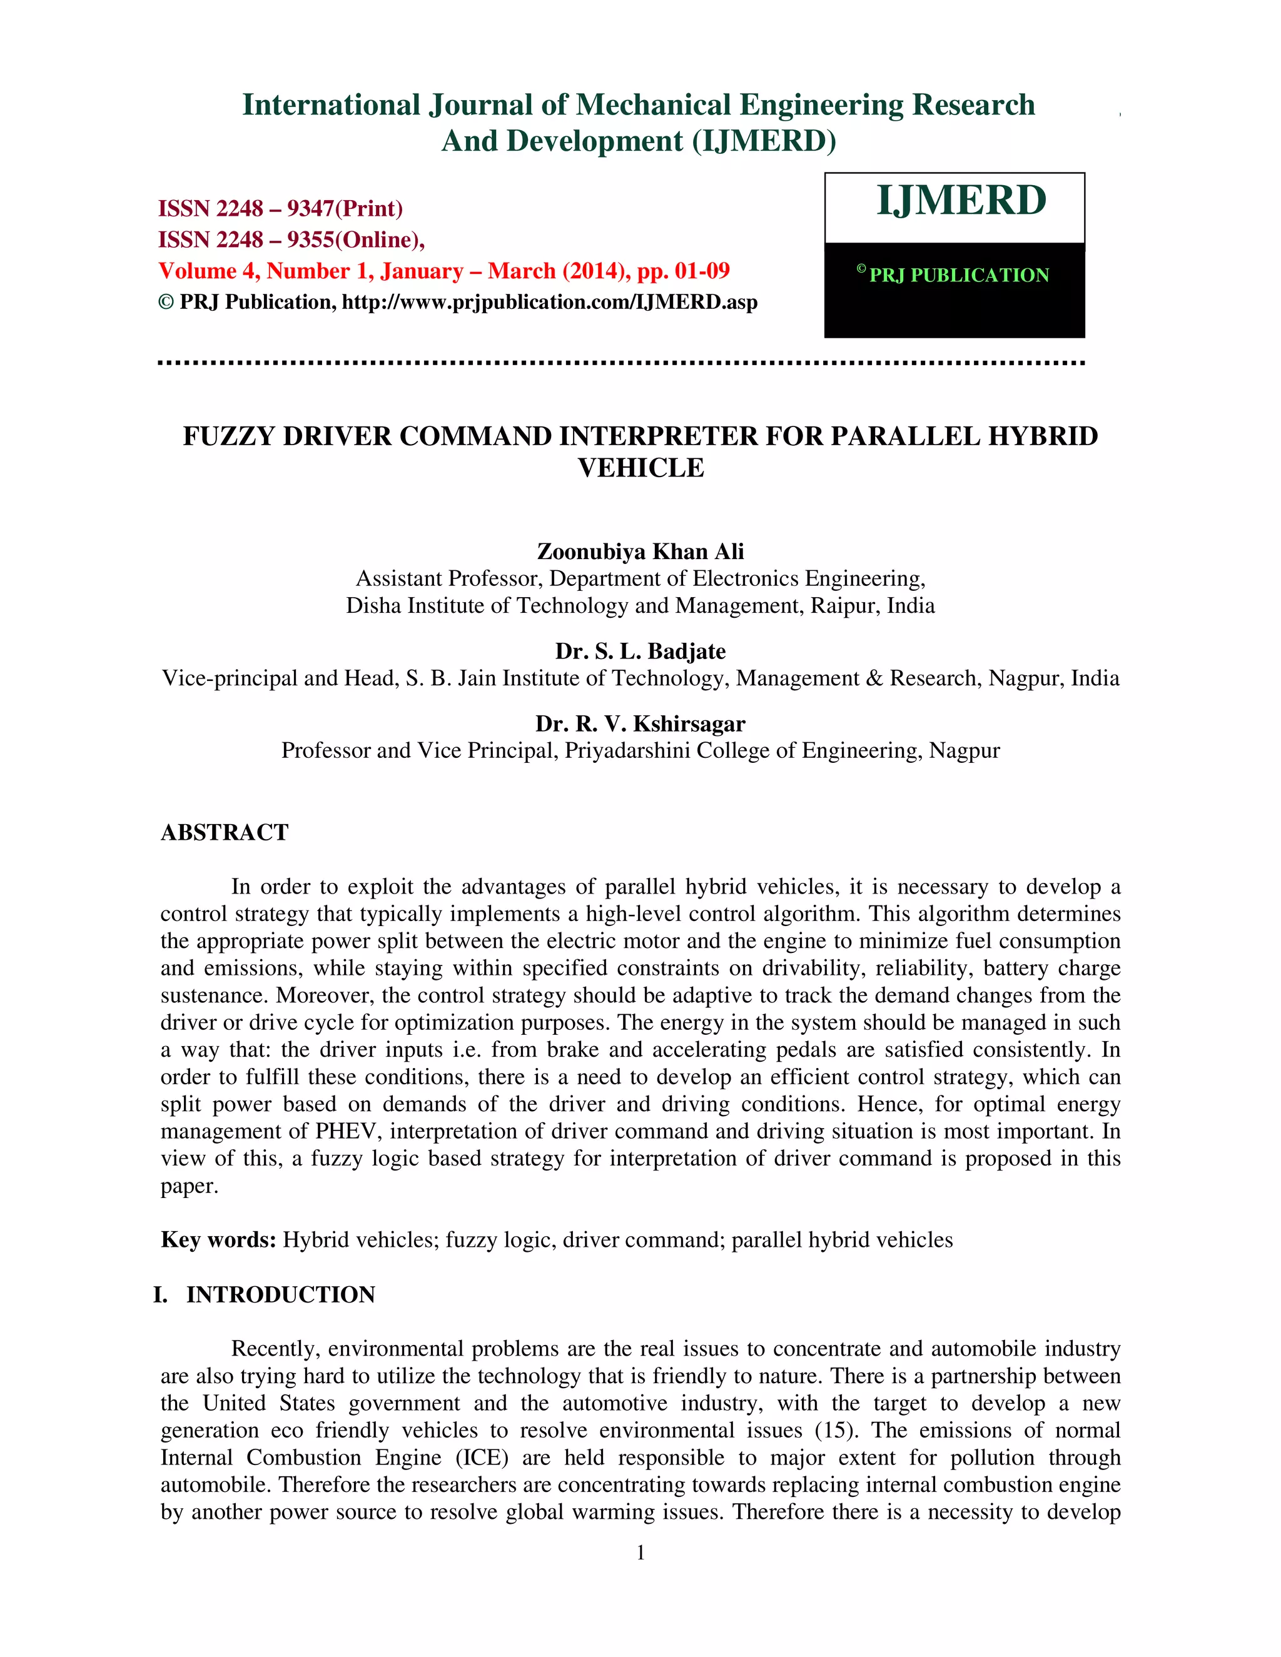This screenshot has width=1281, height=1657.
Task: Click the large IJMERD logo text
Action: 961,201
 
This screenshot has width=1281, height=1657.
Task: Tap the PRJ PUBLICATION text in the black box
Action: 958,275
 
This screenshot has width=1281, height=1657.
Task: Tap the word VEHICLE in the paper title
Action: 640,468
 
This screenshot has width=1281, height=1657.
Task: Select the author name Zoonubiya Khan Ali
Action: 640,551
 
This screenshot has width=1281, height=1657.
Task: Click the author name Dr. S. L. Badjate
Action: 640,651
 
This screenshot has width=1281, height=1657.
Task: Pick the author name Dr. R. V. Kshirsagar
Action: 640,724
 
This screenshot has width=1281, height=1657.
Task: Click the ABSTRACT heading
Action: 225,832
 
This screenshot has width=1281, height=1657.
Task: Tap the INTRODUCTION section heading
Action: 281,1294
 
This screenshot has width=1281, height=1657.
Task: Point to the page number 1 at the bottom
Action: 640,1553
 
